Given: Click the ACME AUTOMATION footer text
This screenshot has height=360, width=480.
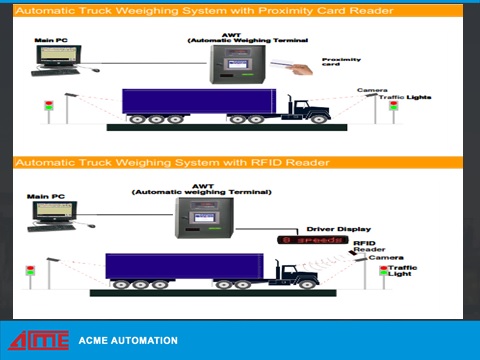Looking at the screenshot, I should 128,341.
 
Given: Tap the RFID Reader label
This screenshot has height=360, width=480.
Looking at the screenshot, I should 365,247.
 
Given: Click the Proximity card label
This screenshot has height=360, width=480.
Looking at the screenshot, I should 341,63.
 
